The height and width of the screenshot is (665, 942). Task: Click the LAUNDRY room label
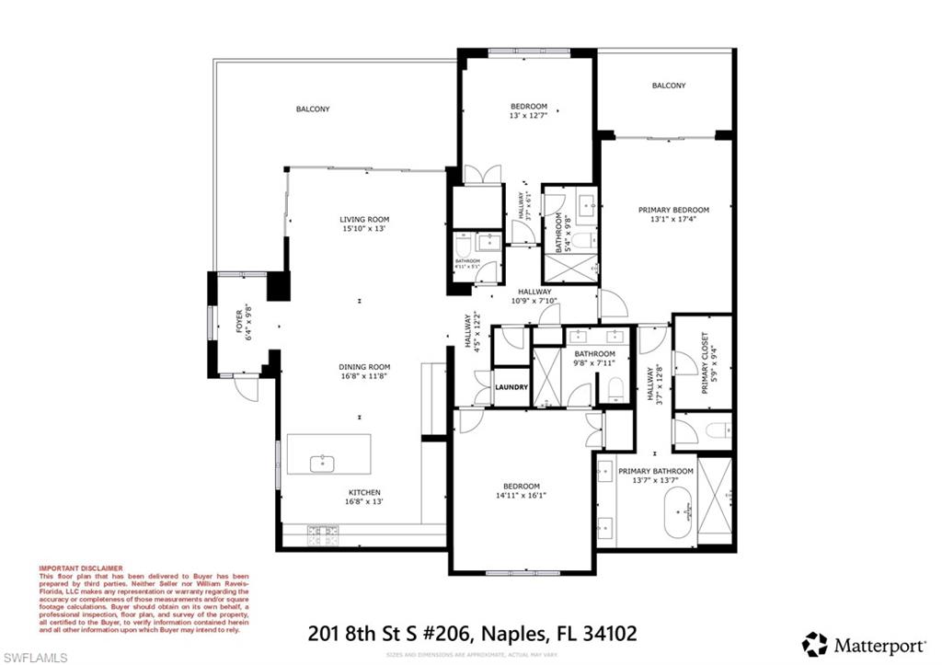[x=511, y=387]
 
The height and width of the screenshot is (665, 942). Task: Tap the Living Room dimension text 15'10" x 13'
[x=364, y=229]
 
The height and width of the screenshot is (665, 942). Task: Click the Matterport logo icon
[x=814, y=643]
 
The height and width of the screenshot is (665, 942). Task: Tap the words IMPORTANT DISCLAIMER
[x=80, y=568]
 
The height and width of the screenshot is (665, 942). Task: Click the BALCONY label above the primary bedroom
[x=668, y=86]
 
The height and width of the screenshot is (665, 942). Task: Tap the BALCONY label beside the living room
[x=313, y=109]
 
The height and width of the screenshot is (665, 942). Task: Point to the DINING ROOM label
[x=364, y=367]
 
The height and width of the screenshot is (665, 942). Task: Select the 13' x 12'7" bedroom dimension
[x=528, y=116]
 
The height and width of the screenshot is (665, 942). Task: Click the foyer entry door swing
[x=246, y=390]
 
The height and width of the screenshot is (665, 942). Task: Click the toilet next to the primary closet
[x=718, y=430]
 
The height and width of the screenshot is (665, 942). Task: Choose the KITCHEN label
[x=364, y=492]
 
